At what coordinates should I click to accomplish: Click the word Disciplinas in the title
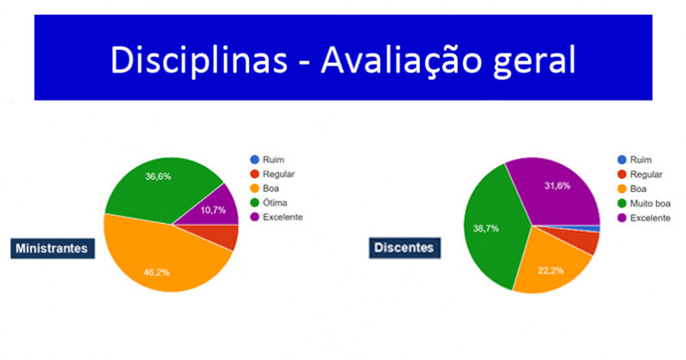(199, 60)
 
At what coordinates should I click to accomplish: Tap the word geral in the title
(534, 62)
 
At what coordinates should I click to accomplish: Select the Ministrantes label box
(53, 248)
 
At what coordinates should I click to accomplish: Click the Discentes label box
(405, 247)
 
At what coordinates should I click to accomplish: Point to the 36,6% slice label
(158, 177)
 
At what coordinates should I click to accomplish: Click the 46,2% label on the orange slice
(156, 272)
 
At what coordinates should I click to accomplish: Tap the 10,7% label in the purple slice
(213, 210)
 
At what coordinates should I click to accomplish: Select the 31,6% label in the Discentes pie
(558, 185)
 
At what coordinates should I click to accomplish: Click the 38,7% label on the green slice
(485, 228)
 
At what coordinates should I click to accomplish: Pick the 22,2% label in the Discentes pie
(551, 270)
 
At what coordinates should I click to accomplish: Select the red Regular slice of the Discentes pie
(582, 239)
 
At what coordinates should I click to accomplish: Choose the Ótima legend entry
(269, 202)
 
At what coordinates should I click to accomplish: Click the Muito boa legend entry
(644, 203)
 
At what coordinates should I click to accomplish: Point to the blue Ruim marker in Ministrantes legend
(254, 159)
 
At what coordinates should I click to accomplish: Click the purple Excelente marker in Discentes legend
(621, 218)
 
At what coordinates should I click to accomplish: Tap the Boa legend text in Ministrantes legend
(271, 188)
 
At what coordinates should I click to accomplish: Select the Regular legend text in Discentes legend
(646, 175)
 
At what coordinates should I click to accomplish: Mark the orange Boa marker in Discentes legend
(621, 189)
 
